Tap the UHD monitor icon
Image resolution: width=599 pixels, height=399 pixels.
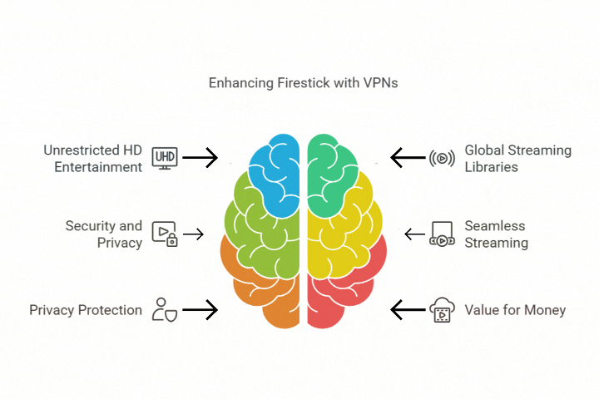(164, 157)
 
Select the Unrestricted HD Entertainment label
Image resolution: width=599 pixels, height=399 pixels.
(92, 158)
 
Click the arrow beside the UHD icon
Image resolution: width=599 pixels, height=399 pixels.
(200, 156)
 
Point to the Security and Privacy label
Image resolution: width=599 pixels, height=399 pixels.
(103, 234)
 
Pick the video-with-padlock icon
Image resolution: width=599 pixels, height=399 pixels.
(165, 234)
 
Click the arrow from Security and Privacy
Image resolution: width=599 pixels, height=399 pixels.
(193, 234)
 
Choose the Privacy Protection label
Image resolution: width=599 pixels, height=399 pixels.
(86, 310)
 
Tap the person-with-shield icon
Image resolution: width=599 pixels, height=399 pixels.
(164, 310)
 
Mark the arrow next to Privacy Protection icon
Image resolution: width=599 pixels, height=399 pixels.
(200, 311)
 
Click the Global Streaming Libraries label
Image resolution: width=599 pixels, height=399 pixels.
(517, 158)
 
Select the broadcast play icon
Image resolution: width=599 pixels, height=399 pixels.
(442, 158)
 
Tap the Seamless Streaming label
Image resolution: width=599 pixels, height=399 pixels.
(496, 234)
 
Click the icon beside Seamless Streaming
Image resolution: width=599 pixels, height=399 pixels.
(441, 234)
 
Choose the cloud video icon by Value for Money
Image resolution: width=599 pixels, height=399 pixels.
(442, 311)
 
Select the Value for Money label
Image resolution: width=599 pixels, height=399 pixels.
(515, 310)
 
